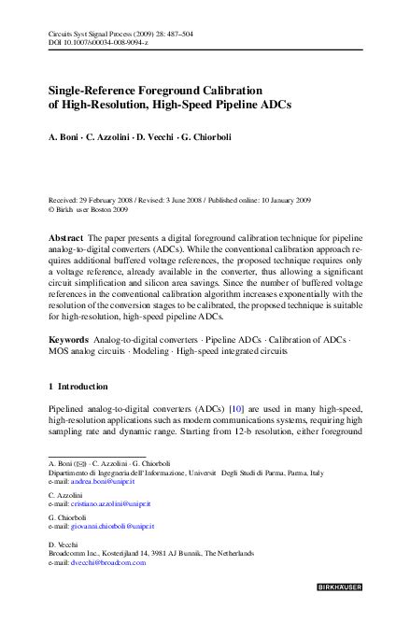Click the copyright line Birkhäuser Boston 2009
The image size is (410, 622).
[x=96, y=209]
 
